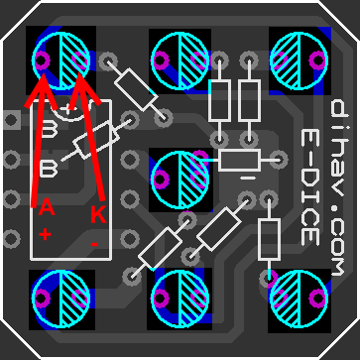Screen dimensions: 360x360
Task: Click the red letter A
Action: [46, 208]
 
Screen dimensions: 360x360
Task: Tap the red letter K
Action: [97, 212]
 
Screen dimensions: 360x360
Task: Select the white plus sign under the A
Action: [46, 236]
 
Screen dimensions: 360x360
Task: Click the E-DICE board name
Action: [308, 188]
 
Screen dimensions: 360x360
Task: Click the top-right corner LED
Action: [300, 58]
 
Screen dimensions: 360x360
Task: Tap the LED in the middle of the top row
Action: [179, 58]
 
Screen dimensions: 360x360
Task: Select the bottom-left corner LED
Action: [61, 297]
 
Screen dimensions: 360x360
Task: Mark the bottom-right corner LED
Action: [300, 297]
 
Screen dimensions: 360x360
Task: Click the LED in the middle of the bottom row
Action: [179, 297]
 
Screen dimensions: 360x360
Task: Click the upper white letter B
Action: [48, 128]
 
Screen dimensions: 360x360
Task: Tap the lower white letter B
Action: [48, 170]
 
